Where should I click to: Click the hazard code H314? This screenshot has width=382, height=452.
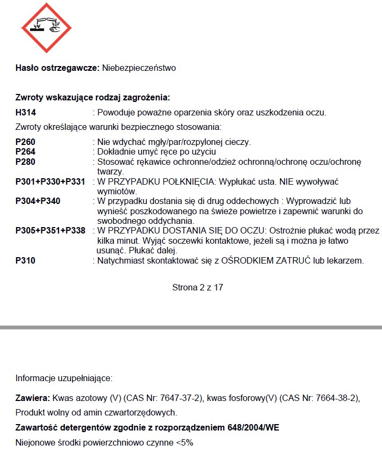tap(27, 112)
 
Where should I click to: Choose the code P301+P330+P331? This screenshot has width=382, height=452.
tap(50, 181)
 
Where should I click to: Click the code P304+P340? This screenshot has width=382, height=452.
tap(38, 201)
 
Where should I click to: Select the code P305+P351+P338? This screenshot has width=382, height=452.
tap(50, 231)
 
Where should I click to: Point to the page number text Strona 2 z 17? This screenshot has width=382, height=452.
tap(197, 287)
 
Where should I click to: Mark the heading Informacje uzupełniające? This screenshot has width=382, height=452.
tap(64, 378)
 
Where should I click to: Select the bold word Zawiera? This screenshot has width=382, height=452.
tap(33, 398)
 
